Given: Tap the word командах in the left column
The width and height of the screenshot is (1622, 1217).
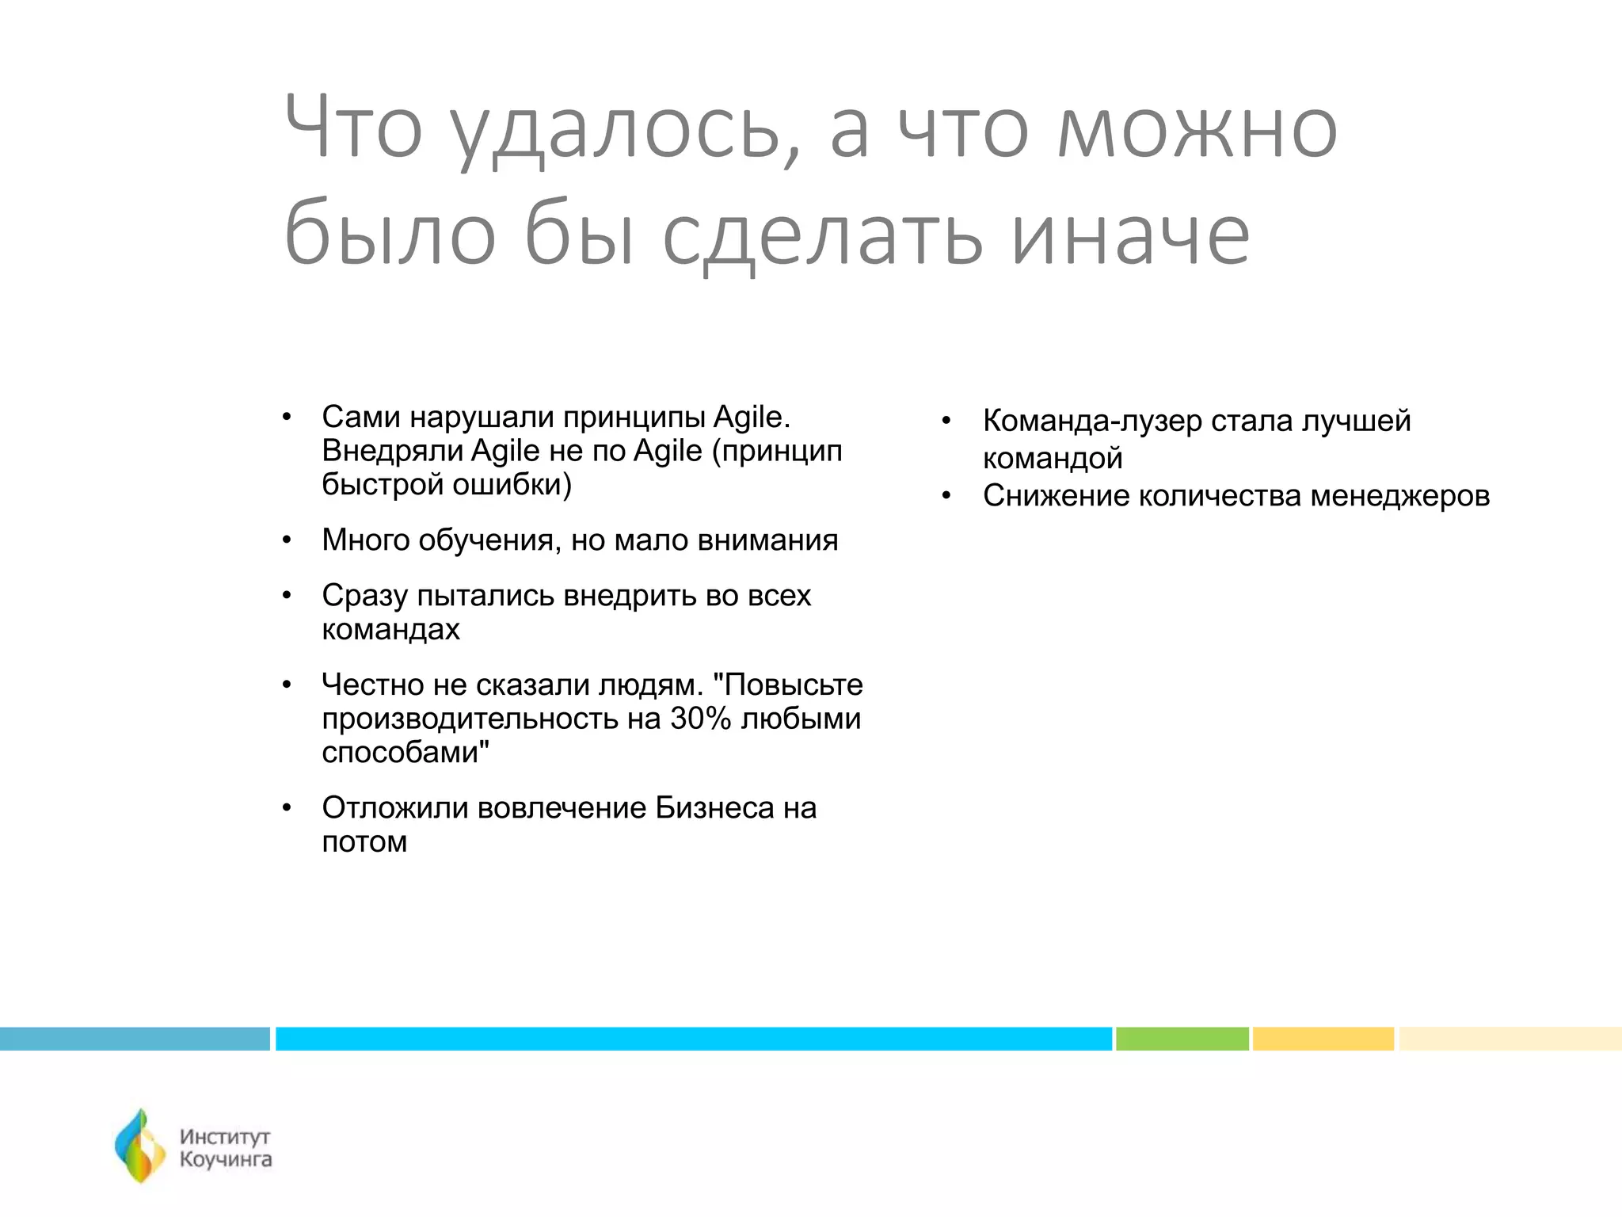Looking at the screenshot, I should click(x=390, y=630).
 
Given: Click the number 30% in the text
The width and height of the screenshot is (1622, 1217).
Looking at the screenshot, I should click(x=699, y=719).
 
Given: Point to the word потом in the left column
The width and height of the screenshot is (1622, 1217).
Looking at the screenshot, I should click(x=364, y=842).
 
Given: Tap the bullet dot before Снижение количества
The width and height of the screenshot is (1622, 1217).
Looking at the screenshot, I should click(x=946, y=497).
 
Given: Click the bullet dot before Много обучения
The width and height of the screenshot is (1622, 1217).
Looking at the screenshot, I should click(x=287, y=541).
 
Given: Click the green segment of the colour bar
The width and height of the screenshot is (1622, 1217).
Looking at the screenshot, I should click(x=1182, y=1039).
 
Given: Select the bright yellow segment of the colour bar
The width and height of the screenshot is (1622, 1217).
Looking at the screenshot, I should click(x=1323, y=1039).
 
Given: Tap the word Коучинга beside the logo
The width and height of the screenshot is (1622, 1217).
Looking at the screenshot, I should click(x=226, y=1160).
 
